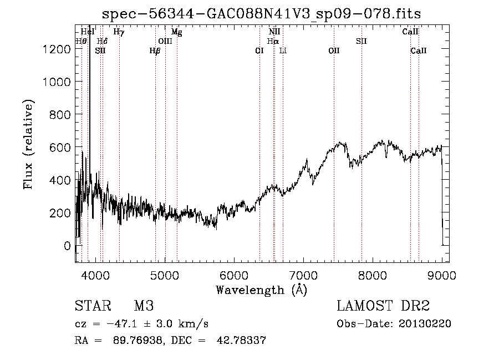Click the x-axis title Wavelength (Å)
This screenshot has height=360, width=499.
pos(261,290)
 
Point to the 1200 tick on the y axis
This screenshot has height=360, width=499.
pos(57,49)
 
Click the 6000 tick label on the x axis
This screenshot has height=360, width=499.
pos(234,275)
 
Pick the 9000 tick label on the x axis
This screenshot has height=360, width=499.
pos(442,275)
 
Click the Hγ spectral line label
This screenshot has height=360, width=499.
pos(119,32)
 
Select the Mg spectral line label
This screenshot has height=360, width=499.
pos(177,32)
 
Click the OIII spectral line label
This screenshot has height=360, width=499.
pos(165,41)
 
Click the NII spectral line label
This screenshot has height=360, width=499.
pos(274,32)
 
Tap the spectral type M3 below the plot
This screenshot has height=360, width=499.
pos(144,307)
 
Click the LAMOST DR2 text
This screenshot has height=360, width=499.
pos(383,307)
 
